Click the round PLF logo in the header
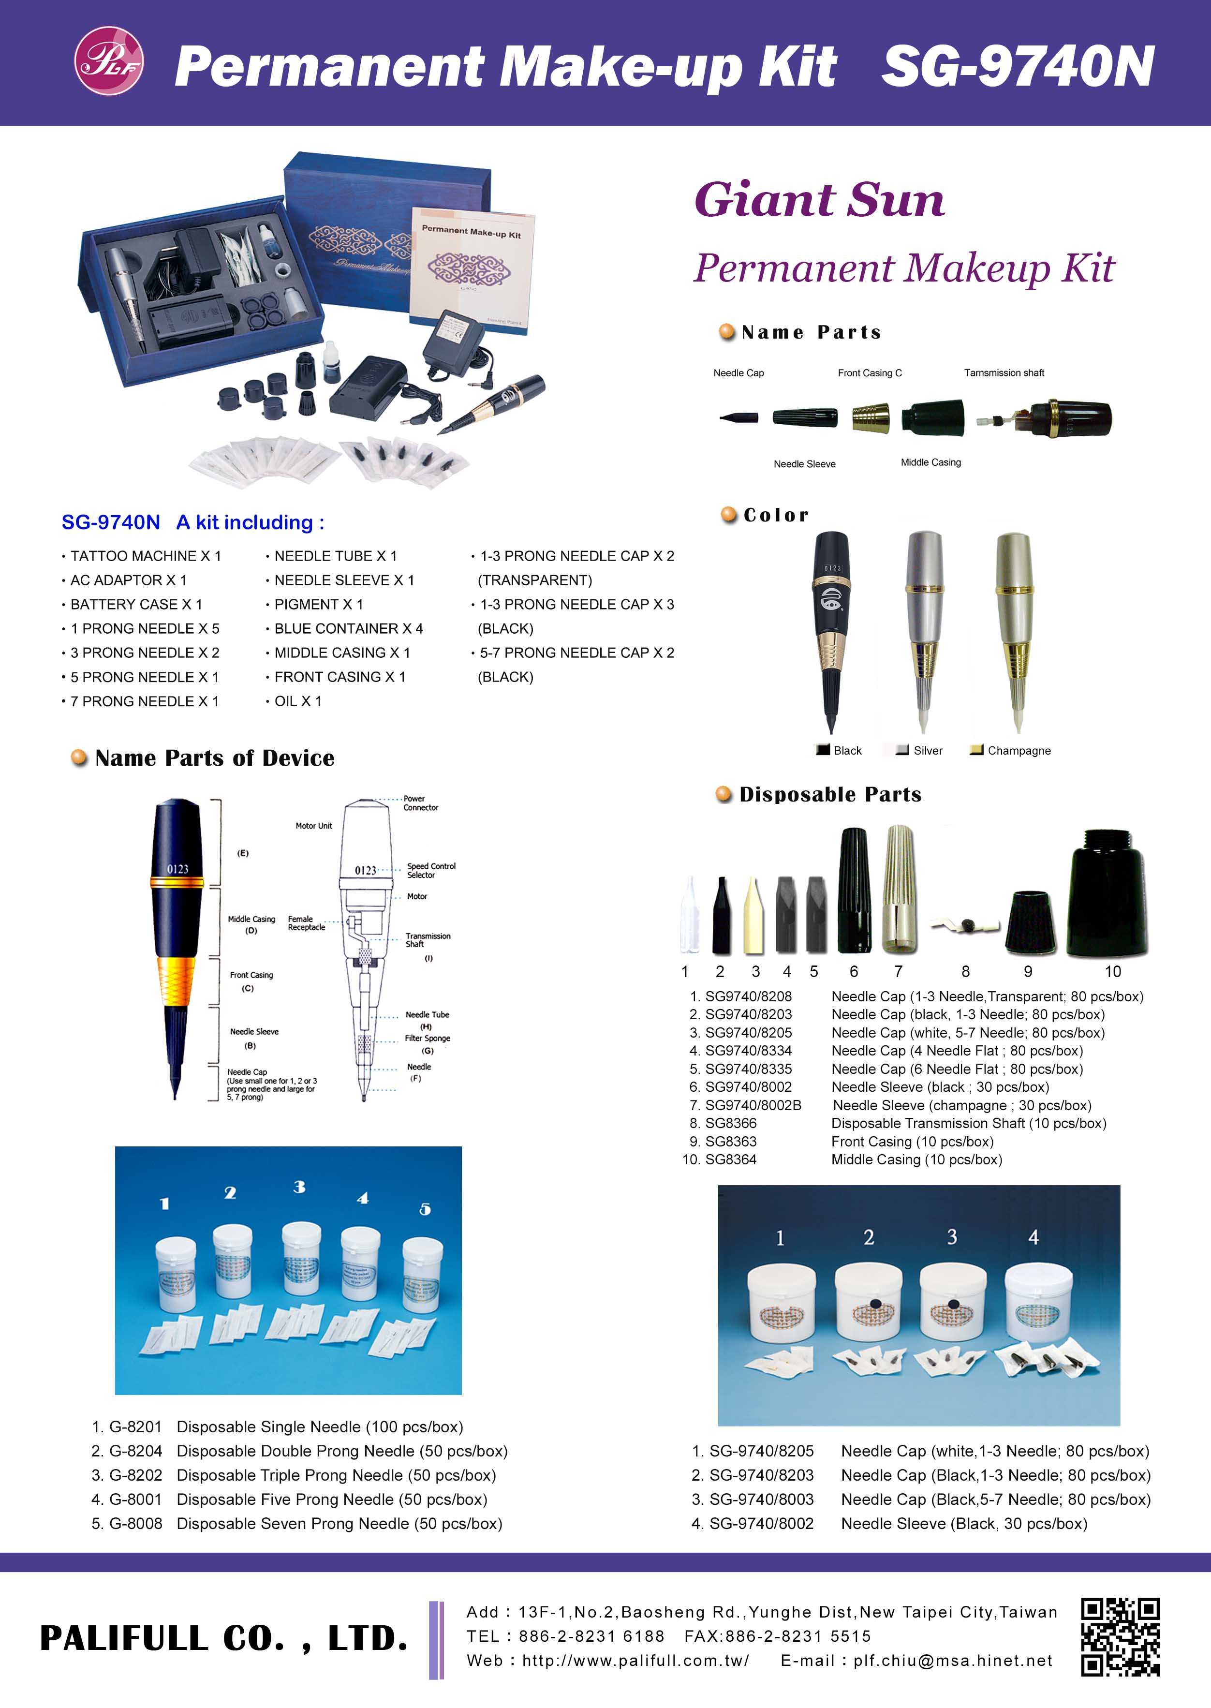109,61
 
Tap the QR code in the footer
1121,1638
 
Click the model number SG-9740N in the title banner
1018,66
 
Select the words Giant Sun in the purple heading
820,200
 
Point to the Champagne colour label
1019,750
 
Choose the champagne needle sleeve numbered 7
899,889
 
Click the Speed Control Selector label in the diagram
431,870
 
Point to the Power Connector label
421,802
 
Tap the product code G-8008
136,1524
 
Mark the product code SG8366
731,1123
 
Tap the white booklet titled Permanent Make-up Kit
471,265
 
